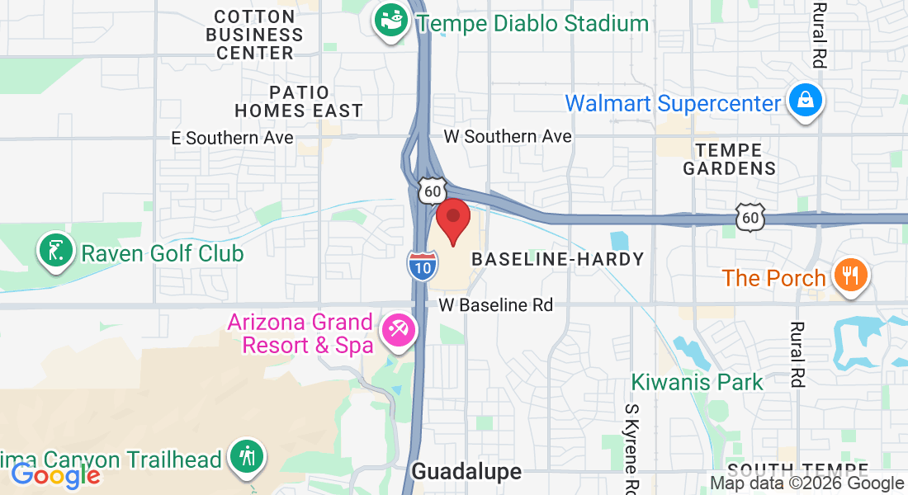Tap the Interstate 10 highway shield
click(x=419, y=265)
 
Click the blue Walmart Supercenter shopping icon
click(x=805, y=101)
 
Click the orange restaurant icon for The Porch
click(x=850, y=276)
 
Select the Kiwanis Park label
click(x=698, y=382)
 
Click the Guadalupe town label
click(x=466, y=471)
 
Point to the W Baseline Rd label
click(x=495, y=304)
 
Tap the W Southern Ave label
click(x=508, y=136)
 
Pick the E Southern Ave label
click(x=232, y=138)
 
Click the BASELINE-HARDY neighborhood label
click(x=557, y=259)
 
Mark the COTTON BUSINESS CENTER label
click(x=254, y=35)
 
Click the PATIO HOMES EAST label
click(x=299, y=101)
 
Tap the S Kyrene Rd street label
click(x=632, y=445)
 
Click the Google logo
click(x=55, y=475)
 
